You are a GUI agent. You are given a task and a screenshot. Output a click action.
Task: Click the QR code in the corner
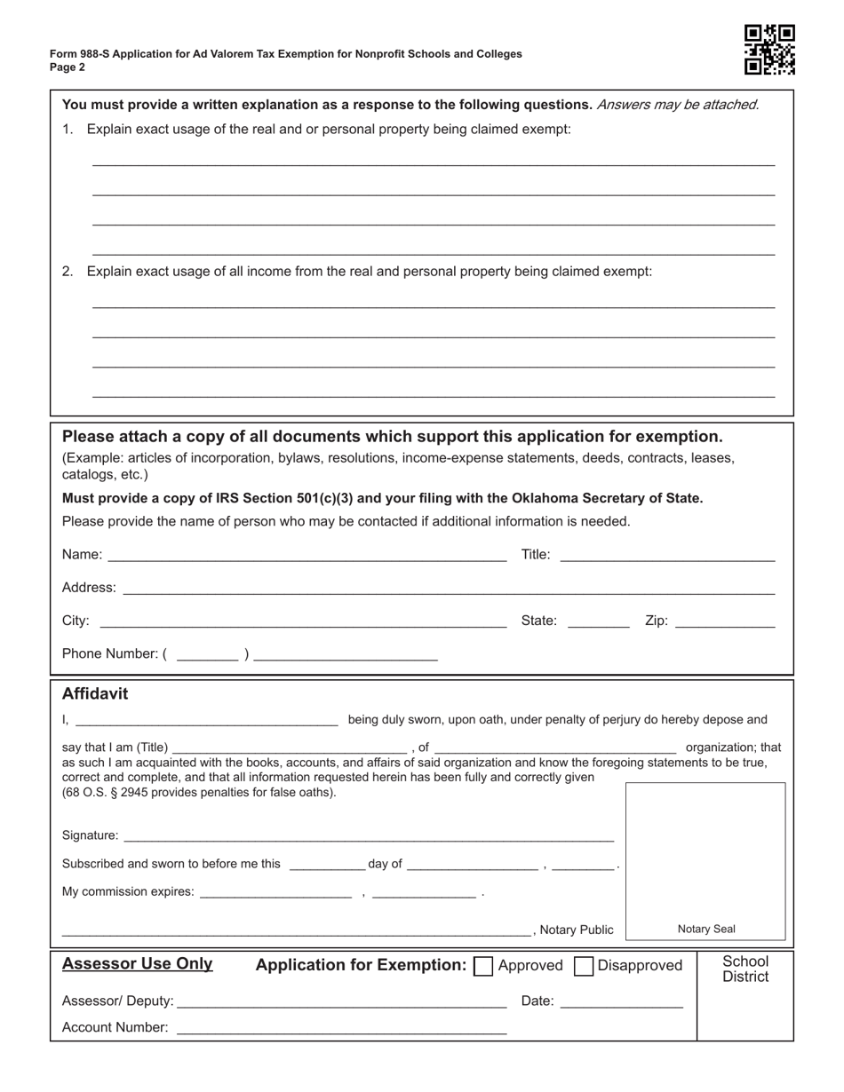[x=769, y=50]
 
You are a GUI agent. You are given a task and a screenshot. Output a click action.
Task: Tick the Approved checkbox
[x=484, y=967]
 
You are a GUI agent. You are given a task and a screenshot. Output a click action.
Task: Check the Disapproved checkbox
[x=584, y=967]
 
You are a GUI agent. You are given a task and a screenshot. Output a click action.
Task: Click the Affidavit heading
[x=95, y=694]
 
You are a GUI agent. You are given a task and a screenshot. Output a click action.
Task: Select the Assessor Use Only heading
[x=137, y=964]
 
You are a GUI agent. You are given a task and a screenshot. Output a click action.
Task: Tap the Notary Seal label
[x=706, y=930]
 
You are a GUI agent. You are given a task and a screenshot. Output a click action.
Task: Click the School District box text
[x=745, y=969]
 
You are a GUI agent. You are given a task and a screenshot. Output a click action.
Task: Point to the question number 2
[x=68, y=272]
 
